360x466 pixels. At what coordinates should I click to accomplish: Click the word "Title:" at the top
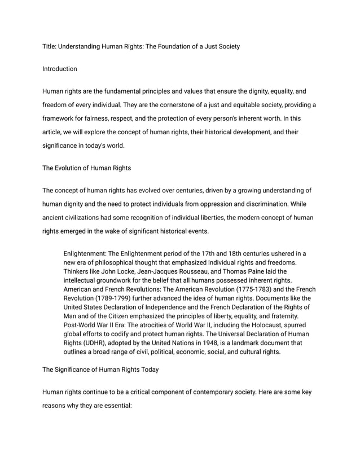[x=51, y=46]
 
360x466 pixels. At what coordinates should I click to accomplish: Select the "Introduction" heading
[x=60, y=69]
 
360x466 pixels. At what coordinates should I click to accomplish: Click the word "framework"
[x=60, y=118]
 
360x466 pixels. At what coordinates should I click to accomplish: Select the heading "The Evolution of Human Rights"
[x=88, y=168]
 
